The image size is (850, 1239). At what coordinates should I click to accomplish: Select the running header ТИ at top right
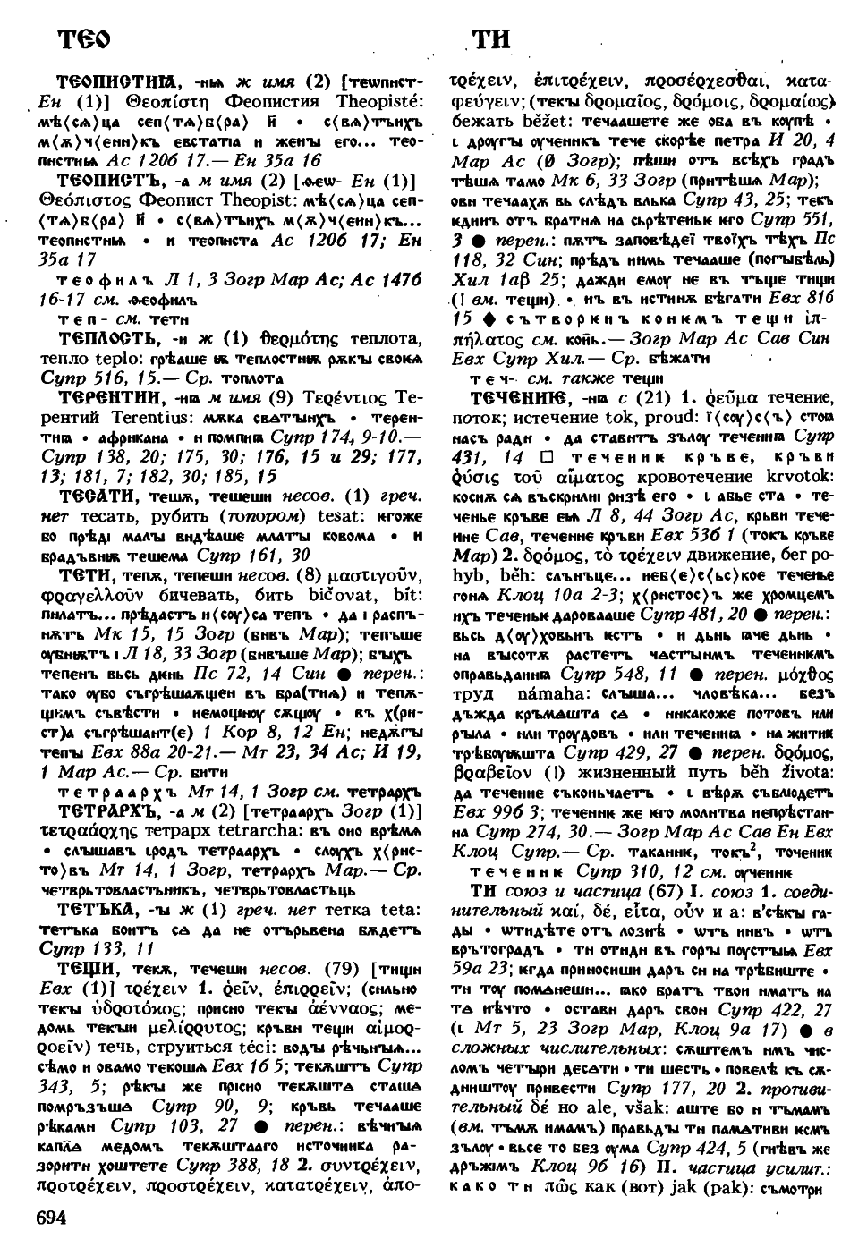[490, 38]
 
